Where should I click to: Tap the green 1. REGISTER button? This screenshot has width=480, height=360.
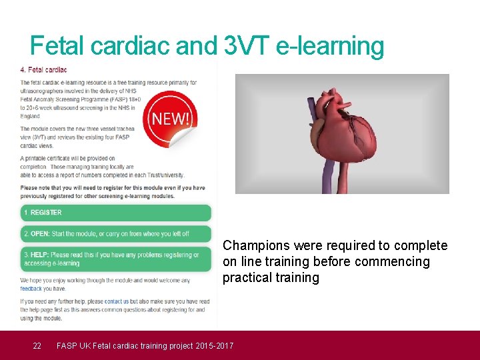(x=115, y=213)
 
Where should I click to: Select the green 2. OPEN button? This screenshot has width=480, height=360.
(x=115, y=234)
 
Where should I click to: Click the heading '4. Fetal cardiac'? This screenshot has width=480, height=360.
(x=43, y=69)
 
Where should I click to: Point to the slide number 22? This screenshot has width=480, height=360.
(x=38, y=345)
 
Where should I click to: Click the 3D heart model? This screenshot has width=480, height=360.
(x=343, y=130)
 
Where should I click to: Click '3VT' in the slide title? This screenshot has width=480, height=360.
(x=246, y=46)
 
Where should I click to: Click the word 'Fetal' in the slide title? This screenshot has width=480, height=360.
(x=58, y=46)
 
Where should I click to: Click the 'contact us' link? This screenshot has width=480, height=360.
(x=117, y=301)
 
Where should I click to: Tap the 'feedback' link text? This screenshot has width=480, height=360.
(x=31, y=289)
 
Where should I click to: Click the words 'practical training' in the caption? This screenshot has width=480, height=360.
(x=271, y=277)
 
